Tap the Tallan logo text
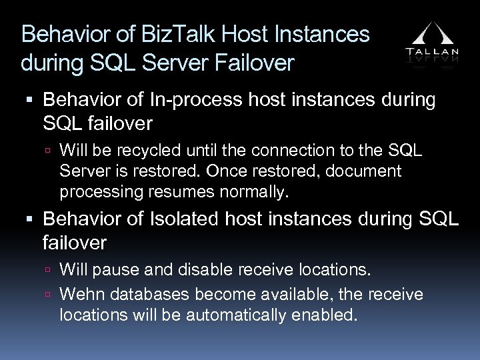click(432, 51)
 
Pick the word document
click(364, 171)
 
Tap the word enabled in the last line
click(325, 315)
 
